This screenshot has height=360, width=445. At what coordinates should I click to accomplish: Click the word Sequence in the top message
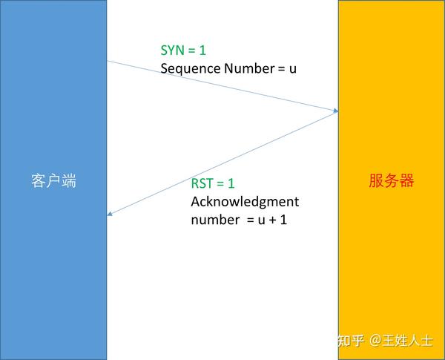click(x=189, y=69)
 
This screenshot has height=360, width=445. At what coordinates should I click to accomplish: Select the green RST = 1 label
click(x=213, y=183)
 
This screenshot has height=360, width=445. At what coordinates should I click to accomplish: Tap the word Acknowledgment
click(x=245, y=201)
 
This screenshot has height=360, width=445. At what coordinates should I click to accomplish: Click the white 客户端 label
click(x=54, y=180)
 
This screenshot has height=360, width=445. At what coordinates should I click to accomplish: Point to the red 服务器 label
click(x=391, y=180)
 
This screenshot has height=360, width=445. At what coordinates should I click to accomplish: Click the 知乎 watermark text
click(x=351, y=341)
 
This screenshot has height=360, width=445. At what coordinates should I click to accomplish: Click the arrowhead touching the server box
click(x=335, y=111)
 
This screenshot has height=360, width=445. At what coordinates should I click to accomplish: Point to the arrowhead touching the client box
click(x=111, y=215)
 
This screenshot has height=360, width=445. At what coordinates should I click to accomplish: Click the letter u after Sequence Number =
click(x=292, y=69)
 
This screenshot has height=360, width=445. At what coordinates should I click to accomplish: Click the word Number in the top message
click(x=246, y=69)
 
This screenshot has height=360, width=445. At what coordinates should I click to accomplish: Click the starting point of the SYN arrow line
click(x=108, y=61)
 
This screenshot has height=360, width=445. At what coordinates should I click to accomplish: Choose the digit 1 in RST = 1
click(x=231, y=183)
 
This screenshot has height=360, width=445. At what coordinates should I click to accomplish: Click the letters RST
click(x=202, y=183)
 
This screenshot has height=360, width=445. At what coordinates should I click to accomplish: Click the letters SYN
click(x=174, y=51)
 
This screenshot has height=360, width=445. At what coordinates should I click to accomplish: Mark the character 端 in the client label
click(x=69, y=180)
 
